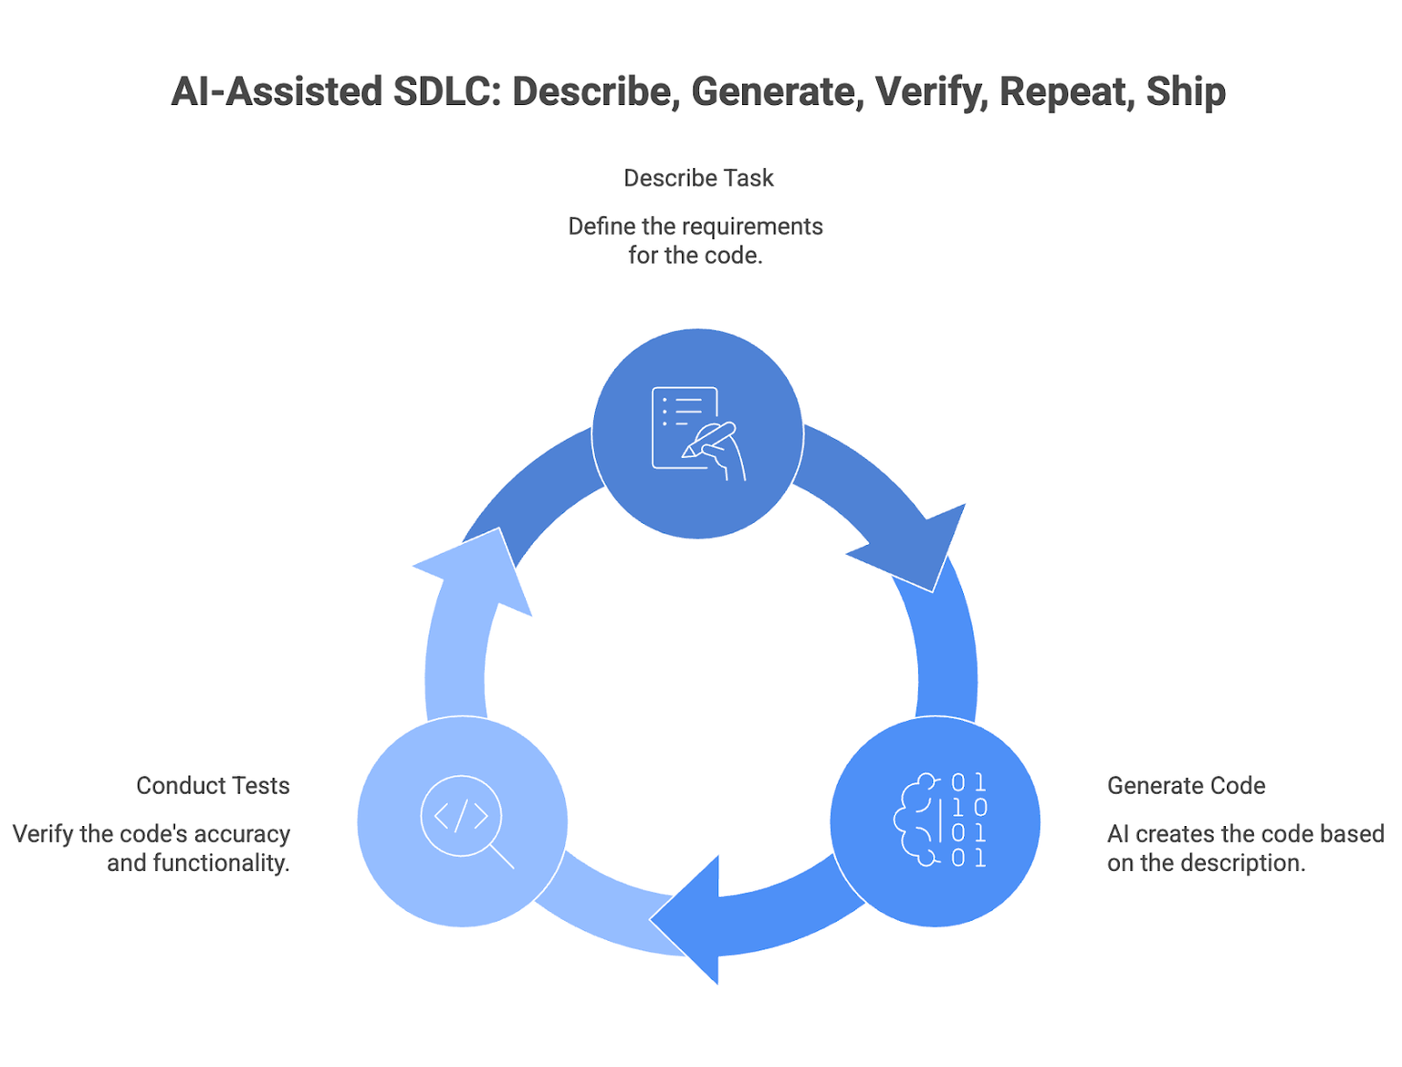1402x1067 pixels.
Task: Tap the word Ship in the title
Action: click(1186, 91)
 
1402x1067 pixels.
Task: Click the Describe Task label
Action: click(698, 177)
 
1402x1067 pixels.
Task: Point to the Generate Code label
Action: click(1186, 785)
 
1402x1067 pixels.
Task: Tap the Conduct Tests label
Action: click(213, 785)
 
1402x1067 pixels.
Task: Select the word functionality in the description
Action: click(220, 863)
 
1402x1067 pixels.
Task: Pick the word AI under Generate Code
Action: click(1118, 834)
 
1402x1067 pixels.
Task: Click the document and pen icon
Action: click(698, 433)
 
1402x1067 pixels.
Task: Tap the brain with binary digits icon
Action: click(939, 820)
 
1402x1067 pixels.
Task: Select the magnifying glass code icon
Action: click(466, 821)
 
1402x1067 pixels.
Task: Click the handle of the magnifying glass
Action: click(501, 856)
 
